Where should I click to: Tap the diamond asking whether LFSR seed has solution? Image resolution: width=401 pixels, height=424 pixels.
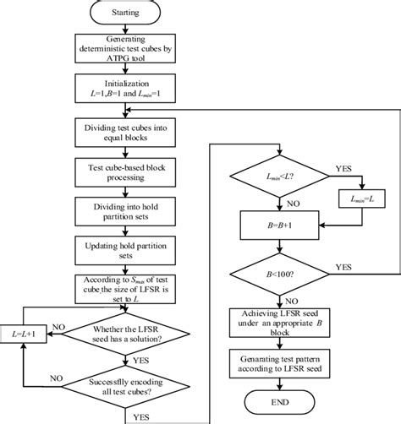[124, 335]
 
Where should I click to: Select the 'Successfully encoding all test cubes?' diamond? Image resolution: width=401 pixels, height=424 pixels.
[124, 386]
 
